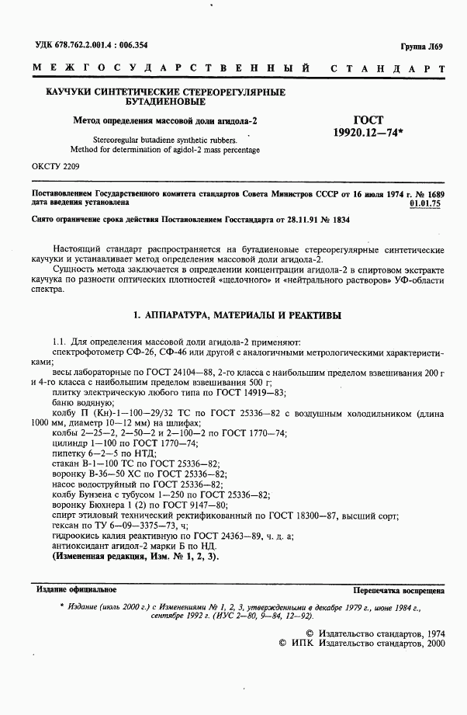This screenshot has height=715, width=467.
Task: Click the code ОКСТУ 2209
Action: (x=54, y=167)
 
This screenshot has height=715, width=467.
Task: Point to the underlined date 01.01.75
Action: (x=424, y=203)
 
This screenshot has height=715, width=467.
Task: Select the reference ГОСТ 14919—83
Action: (x=254, y=393)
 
